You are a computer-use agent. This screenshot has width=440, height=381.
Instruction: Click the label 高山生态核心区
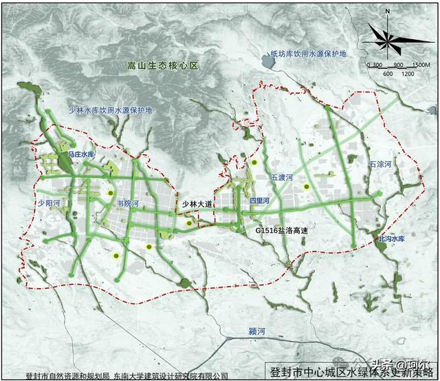coord(162,67)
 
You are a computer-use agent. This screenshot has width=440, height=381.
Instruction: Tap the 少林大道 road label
coord(198,205)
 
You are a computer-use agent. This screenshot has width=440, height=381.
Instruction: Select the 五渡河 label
coord(282,178)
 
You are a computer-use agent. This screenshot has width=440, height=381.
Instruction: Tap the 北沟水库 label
coord(393,238)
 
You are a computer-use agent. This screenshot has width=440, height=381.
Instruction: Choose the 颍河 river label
coord(257,333)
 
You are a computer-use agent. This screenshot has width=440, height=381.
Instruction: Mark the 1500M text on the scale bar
coord(421,64)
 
